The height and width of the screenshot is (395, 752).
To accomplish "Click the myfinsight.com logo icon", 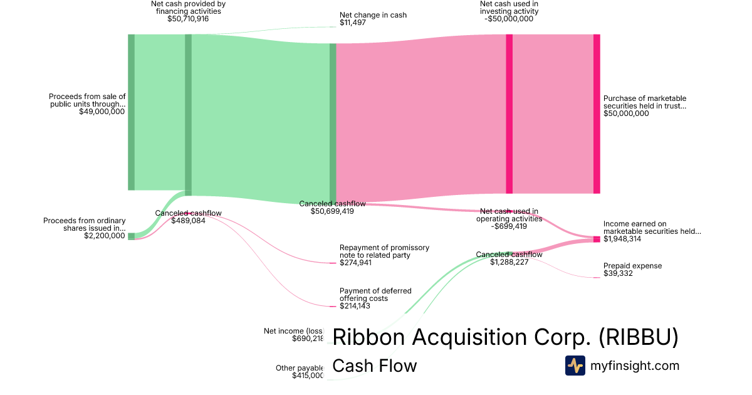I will tap(575, 366).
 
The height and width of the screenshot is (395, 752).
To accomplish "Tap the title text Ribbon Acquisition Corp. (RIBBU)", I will tap(505, 337).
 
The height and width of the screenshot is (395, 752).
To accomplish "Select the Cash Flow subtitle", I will tap(374, 366).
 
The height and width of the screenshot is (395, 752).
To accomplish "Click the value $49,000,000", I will tap(102, 112).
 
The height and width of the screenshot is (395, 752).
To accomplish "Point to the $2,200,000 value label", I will tap(105, 236).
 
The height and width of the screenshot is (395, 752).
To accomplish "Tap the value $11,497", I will tap(353, 23).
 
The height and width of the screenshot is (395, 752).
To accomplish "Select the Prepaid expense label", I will tap(632, 266).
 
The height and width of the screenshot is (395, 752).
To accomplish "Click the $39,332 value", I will tap(619, 274).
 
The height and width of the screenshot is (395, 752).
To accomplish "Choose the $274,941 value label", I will tap(355, 263).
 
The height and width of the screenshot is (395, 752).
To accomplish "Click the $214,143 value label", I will tap(355, 306).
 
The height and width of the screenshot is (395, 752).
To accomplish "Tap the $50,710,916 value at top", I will tap(188, 19).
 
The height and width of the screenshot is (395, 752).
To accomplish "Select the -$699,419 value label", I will tap(509, 226).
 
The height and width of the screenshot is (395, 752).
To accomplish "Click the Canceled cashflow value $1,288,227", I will tap(509, 263).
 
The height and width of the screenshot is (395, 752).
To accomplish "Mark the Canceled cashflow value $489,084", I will tap(188, 221).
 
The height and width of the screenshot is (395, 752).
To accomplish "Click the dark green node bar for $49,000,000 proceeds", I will tap(131, 112).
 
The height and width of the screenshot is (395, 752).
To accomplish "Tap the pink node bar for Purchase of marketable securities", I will tap(597, 113).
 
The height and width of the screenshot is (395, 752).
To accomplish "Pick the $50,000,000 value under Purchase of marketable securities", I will tap(626, 113).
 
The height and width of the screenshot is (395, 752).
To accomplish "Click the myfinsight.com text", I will tap(635, 366).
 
